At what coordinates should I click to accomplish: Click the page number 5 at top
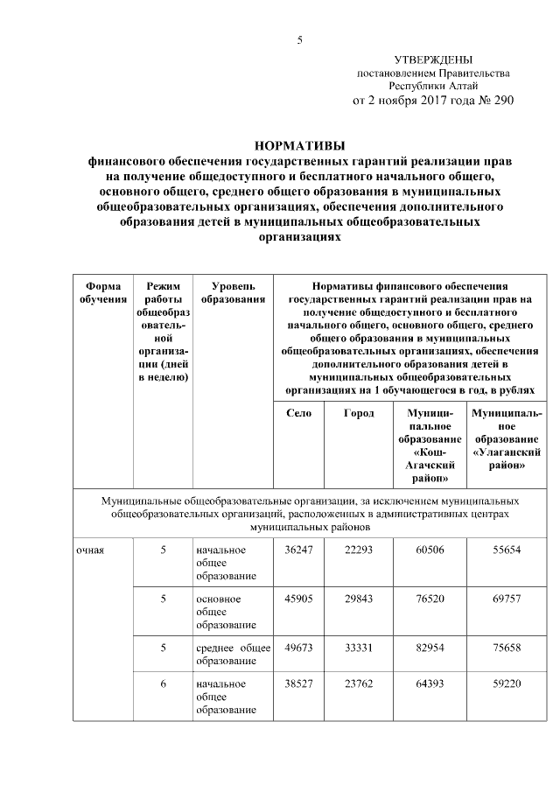299,40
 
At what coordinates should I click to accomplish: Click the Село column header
298,413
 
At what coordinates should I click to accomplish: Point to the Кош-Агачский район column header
430,445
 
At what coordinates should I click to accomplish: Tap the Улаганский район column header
505,438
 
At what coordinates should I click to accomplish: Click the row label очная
91,550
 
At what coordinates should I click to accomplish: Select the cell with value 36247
298,550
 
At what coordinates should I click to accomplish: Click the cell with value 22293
359,550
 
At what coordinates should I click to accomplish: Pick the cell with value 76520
430,599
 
